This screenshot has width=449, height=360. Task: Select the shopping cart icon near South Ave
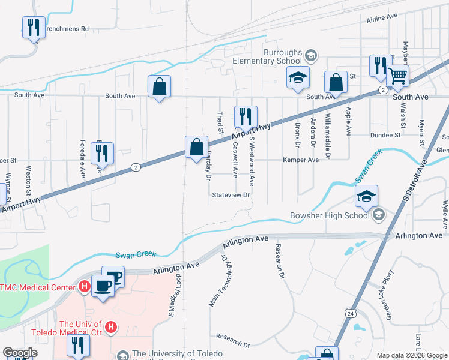coord(397,76)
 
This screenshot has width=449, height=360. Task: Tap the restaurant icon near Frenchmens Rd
coord(33,27)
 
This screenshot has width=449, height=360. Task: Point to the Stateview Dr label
coord(231,195)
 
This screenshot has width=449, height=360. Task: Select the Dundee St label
coord(385,136)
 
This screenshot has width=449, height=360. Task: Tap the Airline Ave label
coord(382,20)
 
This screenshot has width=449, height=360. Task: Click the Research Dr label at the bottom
coord(232,341)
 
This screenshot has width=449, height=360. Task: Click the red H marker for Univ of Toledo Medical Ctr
coord(110,327)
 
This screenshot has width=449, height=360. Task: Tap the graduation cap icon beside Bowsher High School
coord(366,196)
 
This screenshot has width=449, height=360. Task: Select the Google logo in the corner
coord(20,353)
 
